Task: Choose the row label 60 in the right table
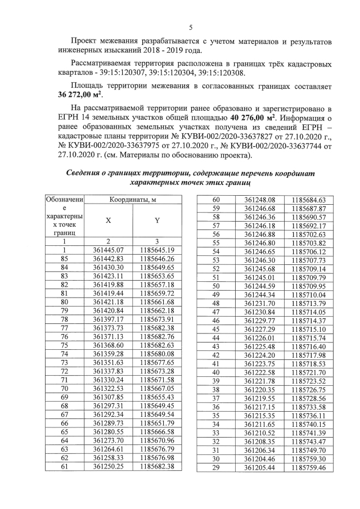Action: click(215, 199)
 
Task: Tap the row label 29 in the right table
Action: click(215, 467)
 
